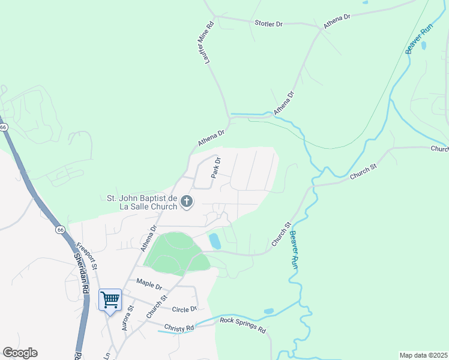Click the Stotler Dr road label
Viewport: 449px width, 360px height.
point(268,23)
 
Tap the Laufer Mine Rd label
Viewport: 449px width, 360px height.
point(209,43)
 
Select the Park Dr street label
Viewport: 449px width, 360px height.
point(217,167)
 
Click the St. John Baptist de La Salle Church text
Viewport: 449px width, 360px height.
point(142,202)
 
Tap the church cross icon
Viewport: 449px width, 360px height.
point(186,202)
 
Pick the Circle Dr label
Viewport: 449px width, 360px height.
point(184,309)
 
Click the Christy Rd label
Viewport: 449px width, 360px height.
point(181,328)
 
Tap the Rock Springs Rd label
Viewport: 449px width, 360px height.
point(243,325)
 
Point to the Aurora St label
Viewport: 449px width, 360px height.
point(127,318)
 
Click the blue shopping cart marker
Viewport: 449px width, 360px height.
point(110,300)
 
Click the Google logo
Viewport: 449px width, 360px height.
point(20,353)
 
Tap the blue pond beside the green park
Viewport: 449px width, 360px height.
point(214,241)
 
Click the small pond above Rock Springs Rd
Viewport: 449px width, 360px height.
point(268,311)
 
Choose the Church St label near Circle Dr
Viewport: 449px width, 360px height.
point(155,305)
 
